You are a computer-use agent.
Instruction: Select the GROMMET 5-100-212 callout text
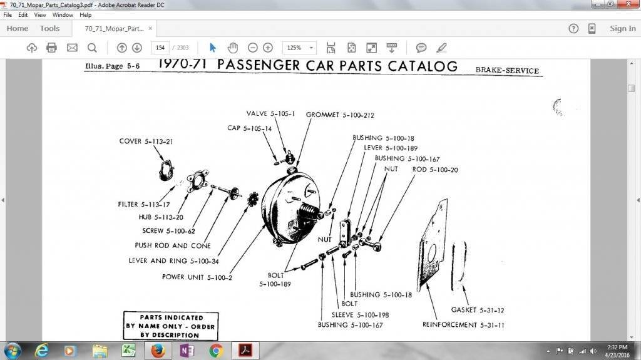point(340,115)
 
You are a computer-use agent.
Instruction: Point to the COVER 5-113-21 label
point(146,141)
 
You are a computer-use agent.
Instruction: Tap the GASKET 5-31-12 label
point(478,310)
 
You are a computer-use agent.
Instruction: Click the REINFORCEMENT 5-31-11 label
point(463,325)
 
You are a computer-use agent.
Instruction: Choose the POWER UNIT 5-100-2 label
point(197,277)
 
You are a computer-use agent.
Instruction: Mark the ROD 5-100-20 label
point(434,170)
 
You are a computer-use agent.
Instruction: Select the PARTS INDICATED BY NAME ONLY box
point(170,326)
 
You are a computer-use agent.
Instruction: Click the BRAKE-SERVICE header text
point(506,71)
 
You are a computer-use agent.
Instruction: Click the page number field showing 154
point(161,48)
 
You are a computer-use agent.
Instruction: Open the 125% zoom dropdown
point(300,48)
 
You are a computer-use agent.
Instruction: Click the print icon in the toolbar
point(51,48)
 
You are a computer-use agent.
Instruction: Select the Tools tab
point(49,28)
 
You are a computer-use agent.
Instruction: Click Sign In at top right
point(622,28)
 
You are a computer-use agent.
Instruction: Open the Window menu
point(62,14)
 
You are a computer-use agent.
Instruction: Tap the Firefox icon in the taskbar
point(158,350)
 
